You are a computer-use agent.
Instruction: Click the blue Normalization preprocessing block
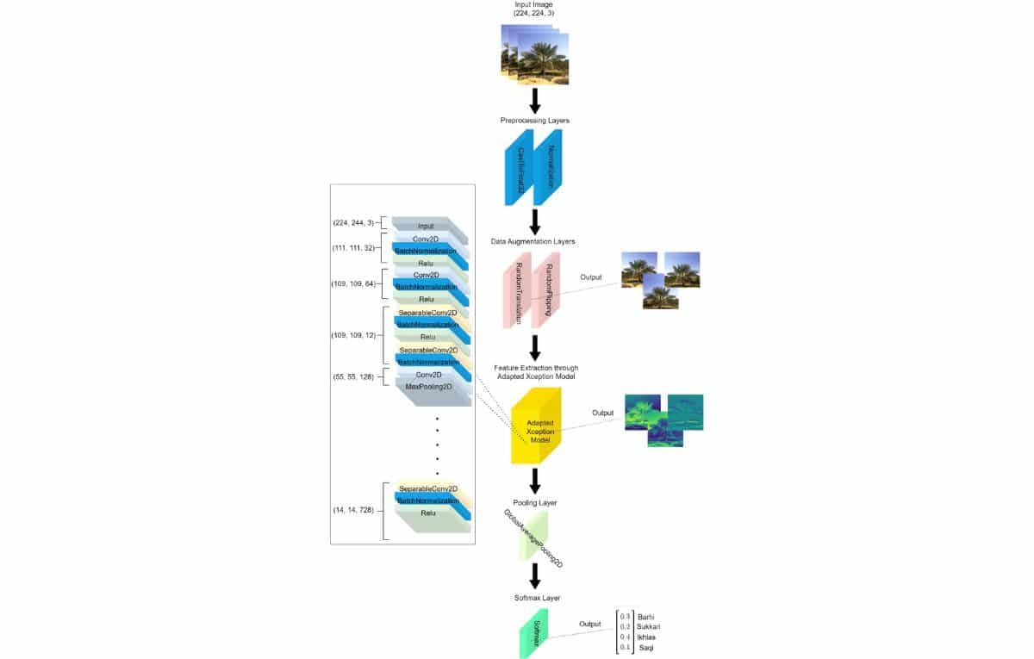[548, 169]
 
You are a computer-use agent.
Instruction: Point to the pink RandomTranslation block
[518, 295]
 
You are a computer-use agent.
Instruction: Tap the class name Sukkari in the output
[649, 626]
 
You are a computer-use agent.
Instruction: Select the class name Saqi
[645, 647]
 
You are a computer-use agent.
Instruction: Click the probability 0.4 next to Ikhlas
[626, 637]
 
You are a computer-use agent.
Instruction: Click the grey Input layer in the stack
[426, 227]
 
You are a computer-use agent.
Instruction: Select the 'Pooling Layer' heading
[534, 502]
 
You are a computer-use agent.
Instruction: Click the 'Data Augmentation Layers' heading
[534, 242]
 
